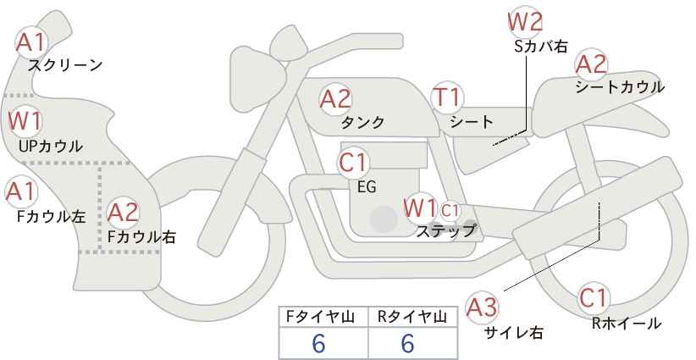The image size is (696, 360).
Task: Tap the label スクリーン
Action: point(65,64)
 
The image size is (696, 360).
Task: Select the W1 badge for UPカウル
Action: point(25,121)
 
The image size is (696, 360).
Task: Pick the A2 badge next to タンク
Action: point(335,99)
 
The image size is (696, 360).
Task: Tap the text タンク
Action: point(362,123)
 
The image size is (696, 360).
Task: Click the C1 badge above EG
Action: point(353,162)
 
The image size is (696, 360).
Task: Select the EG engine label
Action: point(367,187)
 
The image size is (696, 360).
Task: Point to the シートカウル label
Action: point(620,87)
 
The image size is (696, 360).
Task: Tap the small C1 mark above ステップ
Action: point(450,208)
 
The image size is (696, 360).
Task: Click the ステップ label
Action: point(445,230)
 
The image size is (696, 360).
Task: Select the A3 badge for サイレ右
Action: point(483,308)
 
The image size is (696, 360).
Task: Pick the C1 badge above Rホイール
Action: point(593,298)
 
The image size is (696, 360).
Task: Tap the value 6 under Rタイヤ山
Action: point(407,344)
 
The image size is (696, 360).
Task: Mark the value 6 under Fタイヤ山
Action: point(319,344)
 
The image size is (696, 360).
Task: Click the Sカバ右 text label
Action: point(541,47)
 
